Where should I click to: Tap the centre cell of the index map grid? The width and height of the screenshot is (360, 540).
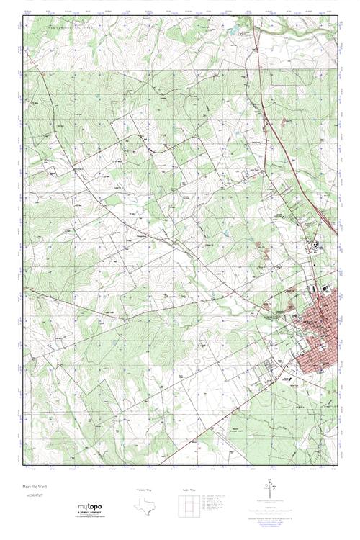tap(187, 506)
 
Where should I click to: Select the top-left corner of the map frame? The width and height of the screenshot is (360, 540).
tap(23, 14)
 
